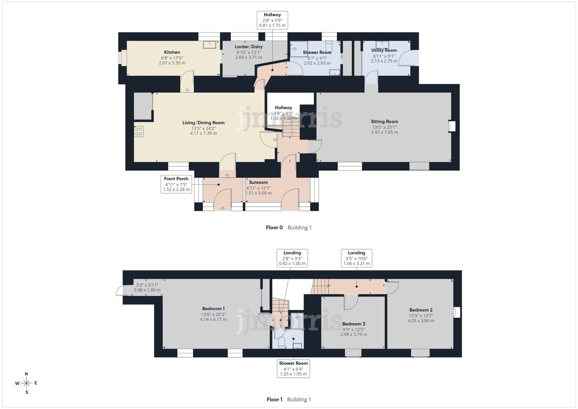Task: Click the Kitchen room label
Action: click(172, 52)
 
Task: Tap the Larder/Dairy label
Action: click(249, 47)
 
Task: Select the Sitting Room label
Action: click(384, 122)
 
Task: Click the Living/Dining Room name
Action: click(203, 123)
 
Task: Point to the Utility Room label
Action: click(384, 50)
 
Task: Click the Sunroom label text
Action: click(258, 182)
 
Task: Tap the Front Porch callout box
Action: click(176, 184)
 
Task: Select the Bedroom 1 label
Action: click(213, 309)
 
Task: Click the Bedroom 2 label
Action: click(421, 310)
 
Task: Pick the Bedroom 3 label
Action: click(354, 324)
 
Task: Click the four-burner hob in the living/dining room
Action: click(139, 132)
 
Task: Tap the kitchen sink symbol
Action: click(210, 45)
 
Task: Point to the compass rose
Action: click(26, 383)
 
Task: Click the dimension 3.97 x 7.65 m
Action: click(384, 132)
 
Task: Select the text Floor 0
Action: click(274, 228)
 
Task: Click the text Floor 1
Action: click(275, 400)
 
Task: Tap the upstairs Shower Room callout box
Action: click(293, 369)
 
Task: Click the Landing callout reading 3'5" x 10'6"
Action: click(356, 258)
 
